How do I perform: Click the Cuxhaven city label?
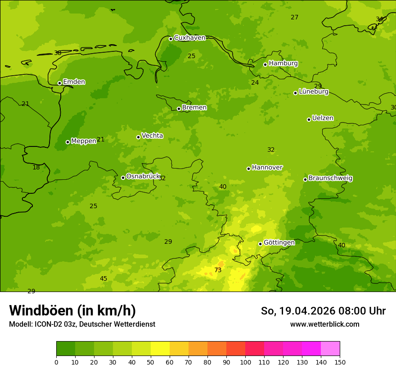(x=189, y=38)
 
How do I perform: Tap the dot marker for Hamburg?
(x=265, y=64)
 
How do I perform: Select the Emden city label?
(x=74, y=82)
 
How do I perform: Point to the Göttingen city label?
(x=279, y=242)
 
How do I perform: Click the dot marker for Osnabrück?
(x=123, y=178)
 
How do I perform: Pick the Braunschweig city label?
(x=330, y=178)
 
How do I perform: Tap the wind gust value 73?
(x=218, y=270)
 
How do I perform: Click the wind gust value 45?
(x=103, y=278)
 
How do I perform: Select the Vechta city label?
(x=152, y=136)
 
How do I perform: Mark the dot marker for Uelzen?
(x=309, y=119)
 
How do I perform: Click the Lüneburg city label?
(x=314, y=91)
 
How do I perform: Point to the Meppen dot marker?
(x=67, y=142)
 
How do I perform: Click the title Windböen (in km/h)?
(x=72, y=310)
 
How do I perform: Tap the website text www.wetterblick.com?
(x=324, y=324)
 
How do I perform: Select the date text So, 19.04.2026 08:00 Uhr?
(x=323, y=311)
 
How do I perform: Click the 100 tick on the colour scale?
(x=245, y=362)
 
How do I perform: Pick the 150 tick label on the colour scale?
(x=340, y=362)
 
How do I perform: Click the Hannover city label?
(x=267, y=168)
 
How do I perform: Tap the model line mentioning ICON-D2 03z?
(x=82, y=324)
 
